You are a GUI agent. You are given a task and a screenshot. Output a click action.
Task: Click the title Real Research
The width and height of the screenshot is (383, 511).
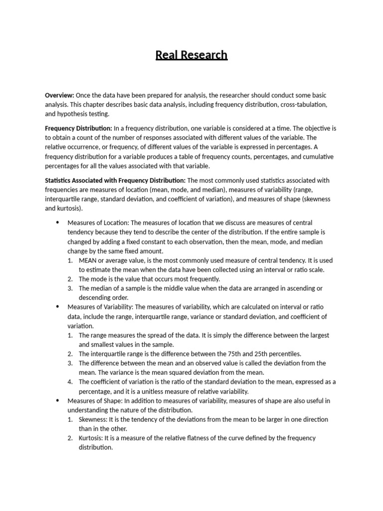tap(191, 55)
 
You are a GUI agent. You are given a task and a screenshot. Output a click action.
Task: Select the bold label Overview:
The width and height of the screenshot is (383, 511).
tap(59, 95)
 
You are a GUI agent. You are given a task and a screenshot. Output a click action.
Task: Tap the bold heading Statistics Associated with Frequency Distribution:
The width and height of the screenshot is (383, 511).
tap(115, 180)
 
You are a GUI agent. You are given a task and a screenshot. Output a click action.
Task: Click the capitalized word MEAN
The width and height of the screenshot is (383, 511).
tap(88, 260)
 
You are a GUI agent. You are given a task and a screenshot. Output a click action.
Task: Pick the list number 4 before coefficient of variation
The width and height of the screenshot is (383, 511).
tap(70, 382)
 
